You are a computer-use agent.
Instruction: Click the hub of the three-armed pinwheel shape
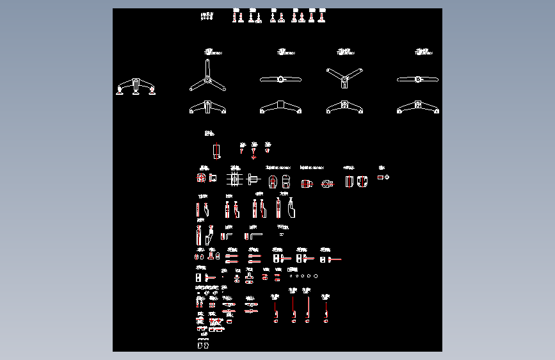coord(207,79)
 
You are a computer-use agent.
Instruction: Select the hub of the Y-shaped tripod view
coord(344,79)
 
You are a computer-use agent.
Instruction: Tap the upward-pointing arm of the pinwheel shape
coord(207,67)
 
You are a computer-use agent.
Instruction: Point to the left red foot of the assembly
coord(120,94)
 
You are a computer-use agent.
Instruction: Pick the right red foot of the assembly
coord(152,94)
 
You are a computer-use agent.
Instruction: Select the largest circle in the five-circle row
coord(316,276)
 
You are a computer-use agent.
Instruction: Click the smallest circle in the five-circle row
coord(291,276)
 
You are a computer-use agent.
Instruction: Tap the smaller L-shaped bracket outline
coord(229,236)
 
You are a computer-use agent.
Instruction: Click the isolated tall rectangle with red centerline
coord(216,151)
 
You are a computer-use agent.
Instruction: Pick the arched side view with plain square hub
coord(279,108)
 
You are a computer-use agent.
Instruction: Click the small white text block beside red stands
coord(207,15)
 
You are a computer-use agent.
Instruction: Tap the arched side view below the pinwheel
coord(207,108)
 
